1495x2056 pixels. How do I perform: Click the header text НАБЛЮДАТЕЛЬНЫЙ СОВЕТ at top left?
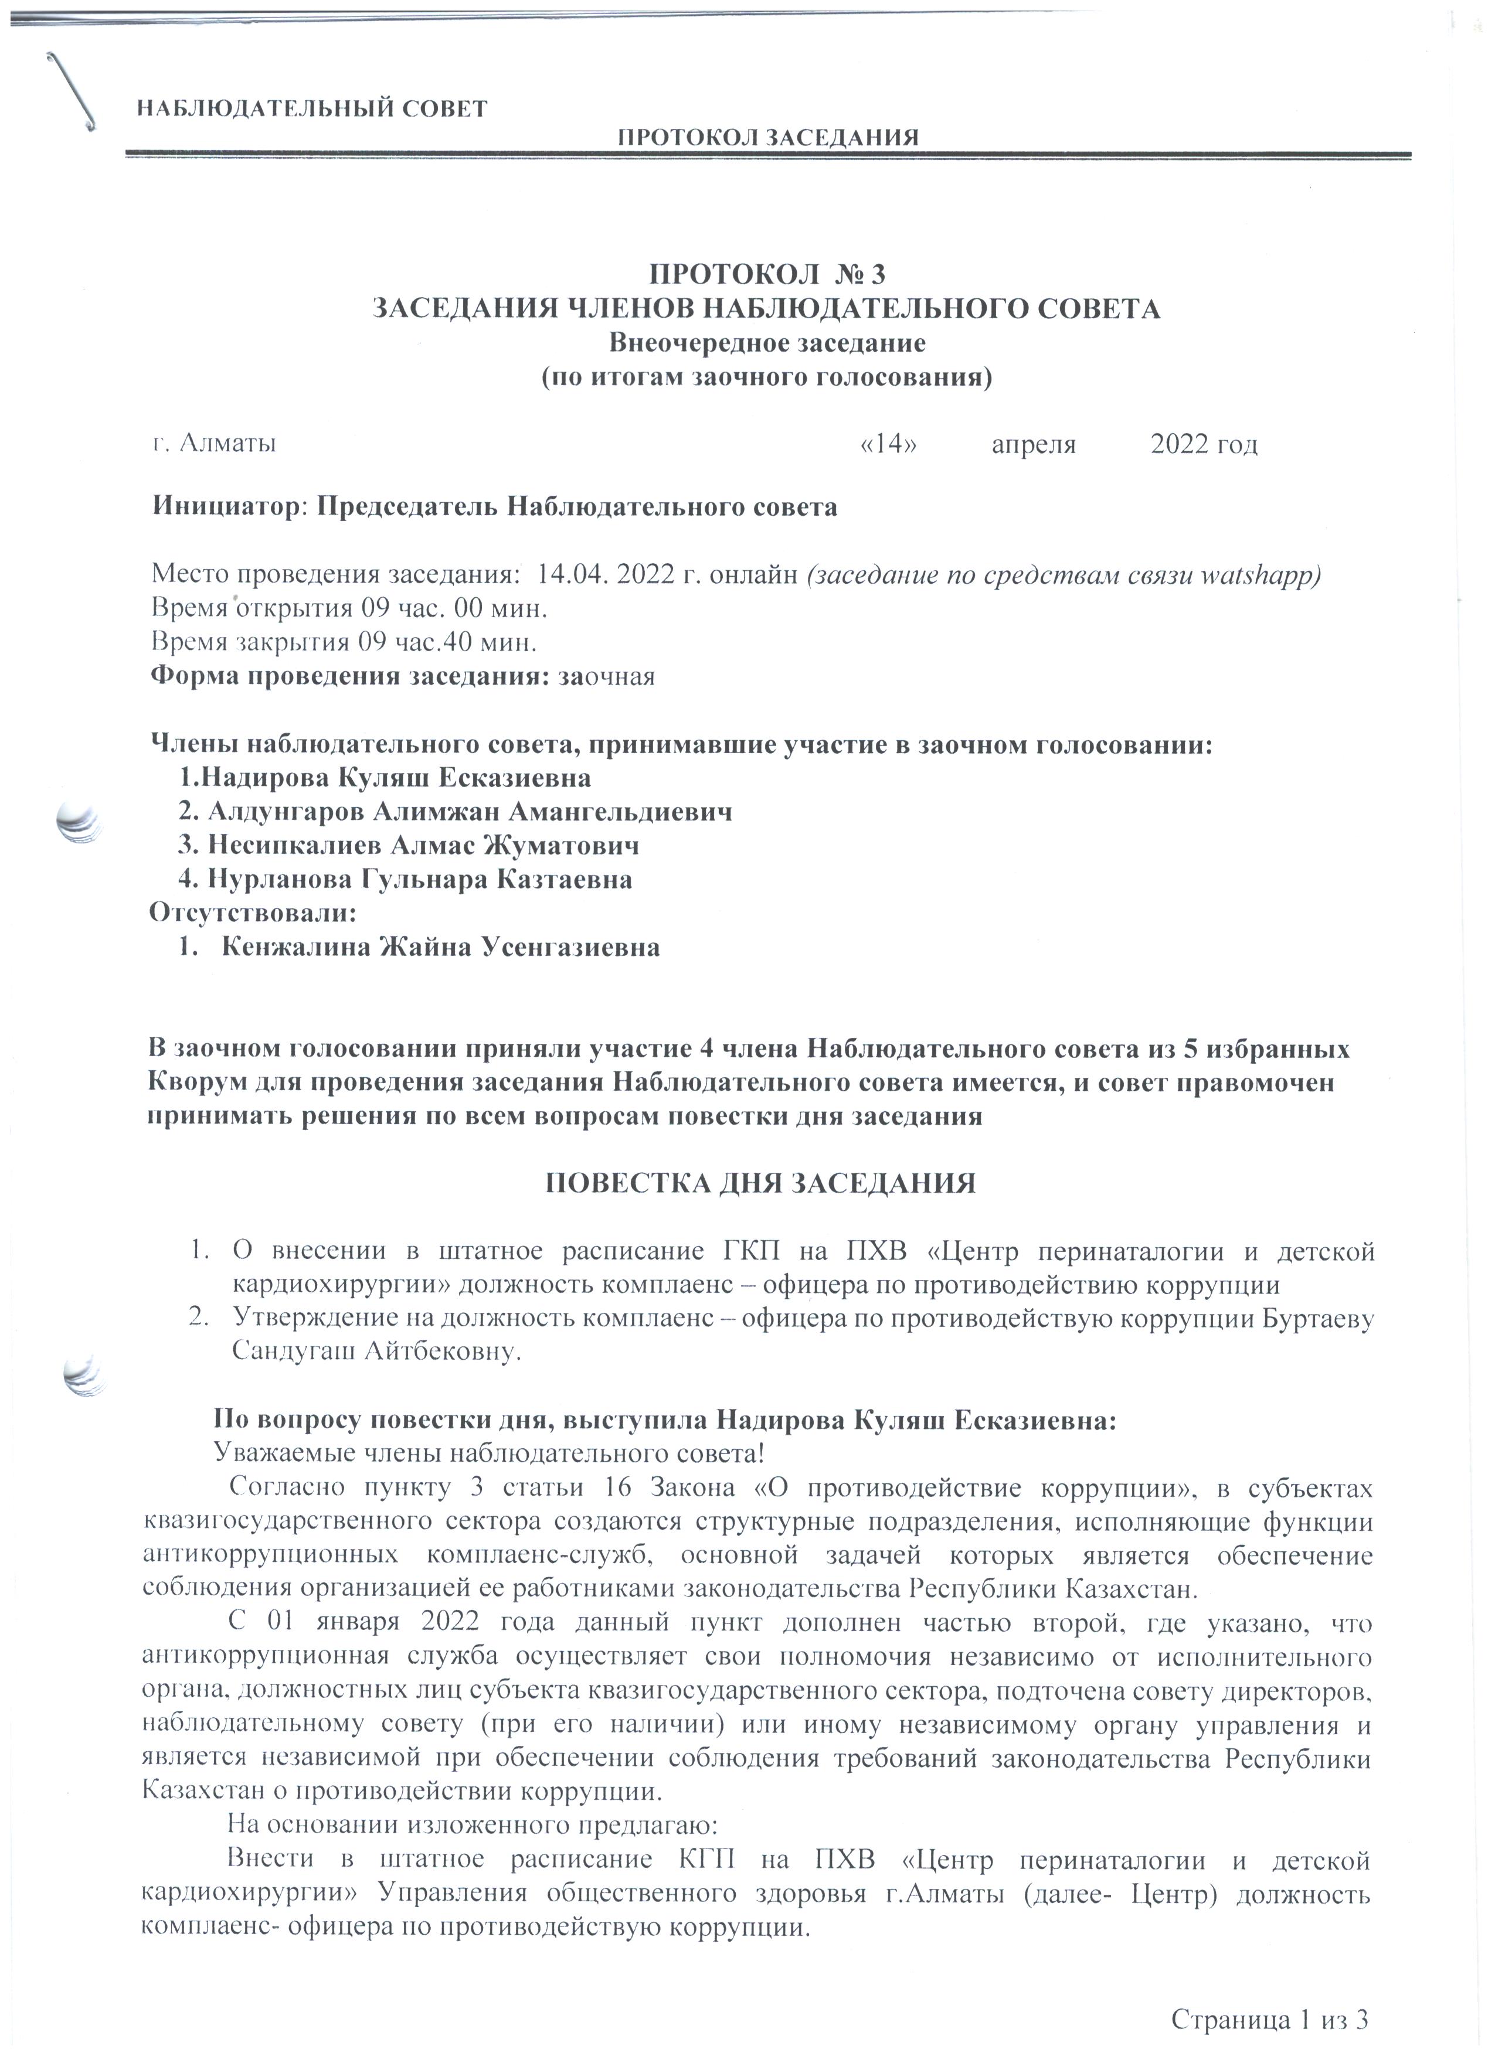click(x=312, y=110)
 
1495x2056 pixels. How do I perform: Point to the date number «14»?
click(x=888, y=444)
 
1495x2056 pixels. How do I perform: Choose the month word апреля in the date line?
click(x=1034, y=444)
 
